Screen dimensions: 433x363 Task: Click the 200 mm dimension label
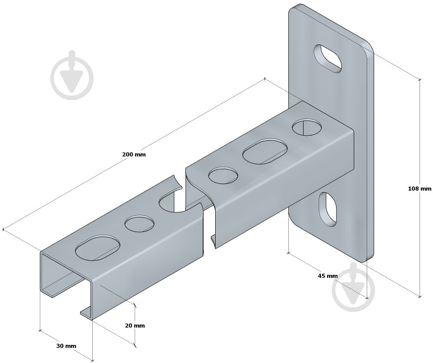pos(134,154)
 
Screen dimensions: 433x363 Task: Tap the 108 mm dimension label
pos(420,188)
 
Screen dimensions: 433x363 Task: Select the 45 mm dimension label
pos(327,276)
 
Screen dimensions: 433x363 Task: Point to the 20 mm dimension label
pos(135,325)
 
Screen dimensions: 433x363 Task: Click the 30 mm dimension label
pos(66,346)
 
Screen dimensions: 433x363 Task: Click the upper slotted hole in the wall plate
pos(328,59)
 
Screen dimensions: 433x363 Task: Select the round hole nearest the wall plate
pos(307,127)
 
